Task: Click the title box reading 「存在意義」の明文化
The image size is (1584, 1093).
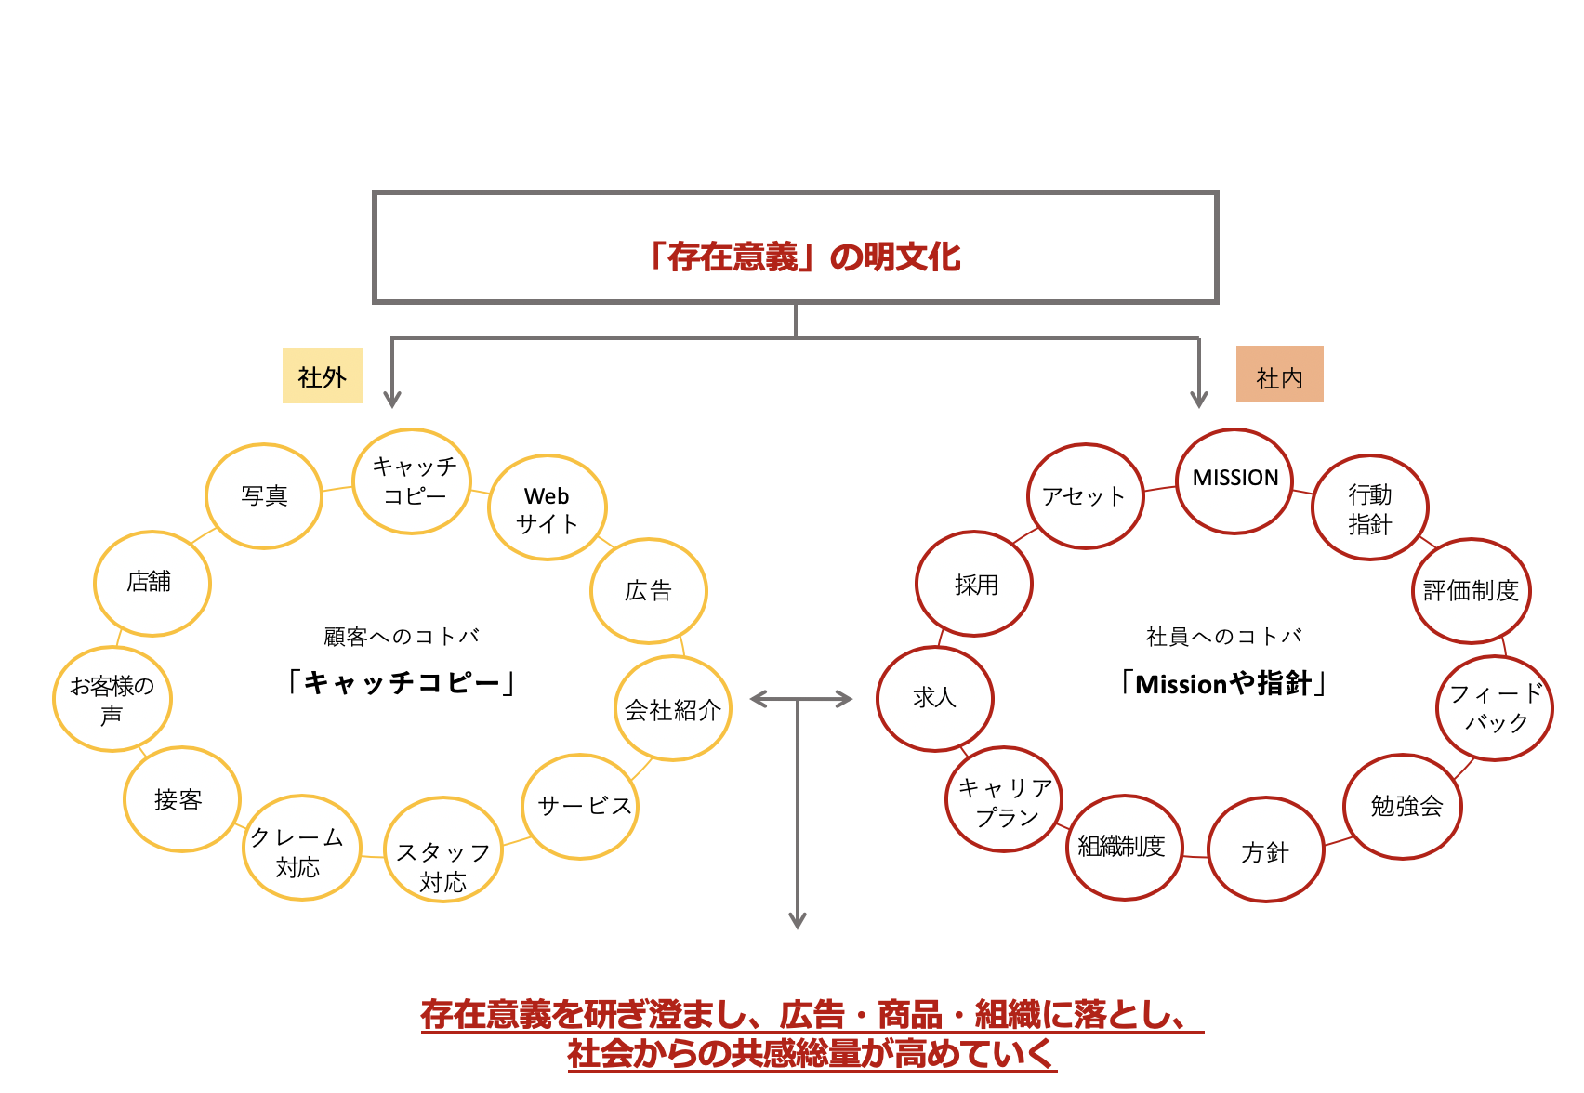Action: [x=795, y=248]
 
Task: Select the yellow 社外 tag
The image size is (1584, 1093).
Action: [x=322, y=375]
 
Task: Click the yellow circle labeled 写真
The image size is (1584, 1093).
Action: [x=264, y=496]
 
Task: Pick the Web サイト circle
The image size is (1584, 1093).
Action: [x=547, y=508]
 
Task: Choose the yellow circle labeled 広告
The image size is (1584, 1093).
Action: [x=648, y=591]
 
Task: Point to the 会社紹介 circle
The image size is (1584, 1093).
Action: [x=673, y=709]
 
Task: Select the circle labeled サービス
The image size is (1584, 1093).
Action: [x=582, y=806]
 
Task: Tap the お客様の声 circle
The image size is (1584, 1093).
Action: [x=112, y=699]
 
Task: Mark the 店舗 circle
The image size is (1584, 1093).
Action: [x=152, y=583]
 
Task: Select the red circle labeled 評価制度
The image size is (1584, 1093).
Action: [x=1471, y=591]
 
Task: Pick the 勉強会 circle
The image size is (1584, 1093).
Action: [x=1403, y=806]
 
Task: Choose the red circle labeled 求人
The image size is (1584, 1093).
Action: [x=934, y=698]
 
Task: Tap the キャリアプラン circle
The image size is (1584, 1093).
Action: [x=1004, y=800]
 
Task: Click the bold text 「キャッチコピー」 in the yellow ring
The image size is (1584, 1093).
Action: [x=401, y=683]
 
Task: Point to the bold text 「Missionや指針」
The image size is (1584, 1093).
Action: [x=1223, y=684]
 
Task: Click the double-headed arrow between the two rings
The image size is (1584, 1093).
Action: [x=800, y=699]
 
